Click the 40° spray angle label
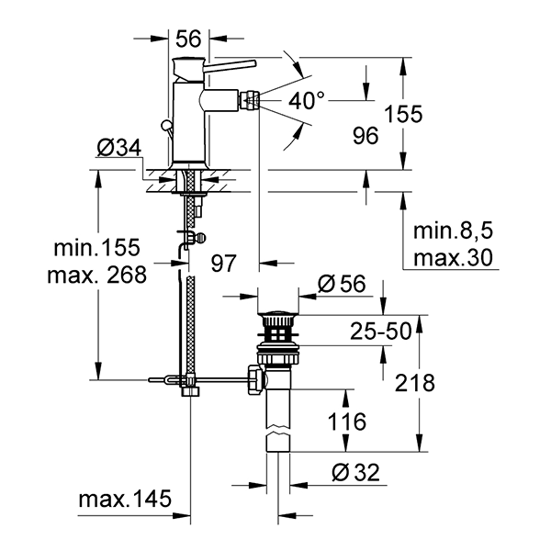[307, 100]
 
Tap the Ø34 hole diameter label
[119, 148]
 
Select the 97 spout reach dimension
[224, 264]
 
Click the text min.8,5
[453, 231]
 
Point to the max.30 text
[453, 257]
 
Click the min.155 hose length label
[97, 247]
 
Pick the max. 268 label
[97, 275]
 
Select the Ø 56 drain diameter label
[342, 283]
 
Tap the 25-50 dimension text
[381, 331]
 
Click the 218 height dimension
[415, 383]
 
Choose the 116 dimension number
[347, 422]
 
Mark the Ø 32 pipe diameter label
[356, 472]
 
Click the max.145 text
[125, 499]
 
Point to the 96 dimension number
[365, 136]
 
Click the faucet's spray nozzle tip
[250, 100]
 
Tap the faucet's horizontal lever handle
[231, 66]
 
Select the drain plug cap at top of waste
[278, 313]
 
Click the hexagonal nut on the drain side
[255, 380]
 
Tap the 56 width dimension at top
[188, 39]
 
